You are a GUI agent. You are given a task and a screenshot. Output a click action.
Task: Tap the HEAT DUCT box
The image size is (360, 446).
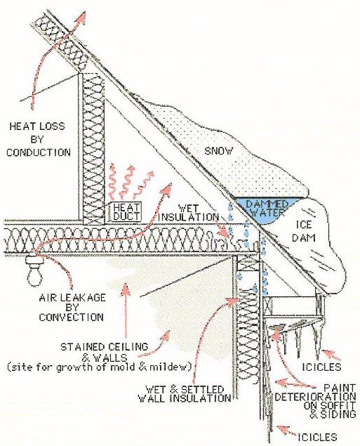(x=126, y=211)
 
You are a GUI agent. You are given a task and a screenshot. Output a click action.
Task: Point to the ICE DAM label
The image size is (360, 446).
(x=304, y=231)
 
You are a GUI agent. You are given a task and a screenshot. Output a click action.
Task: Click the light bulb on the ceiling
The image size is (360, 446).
(x=34, y=272)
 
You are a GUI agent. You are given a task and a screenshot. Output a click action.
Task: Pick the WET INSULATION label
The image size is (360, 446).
(x=188, y=213)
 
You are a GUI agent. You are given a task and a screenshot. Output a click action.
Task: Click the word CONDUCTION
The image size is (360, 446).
(x=39, y=152)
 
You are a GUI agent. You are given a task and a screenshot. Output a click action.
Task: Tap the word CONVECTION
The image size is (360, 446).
(x=71, y=317)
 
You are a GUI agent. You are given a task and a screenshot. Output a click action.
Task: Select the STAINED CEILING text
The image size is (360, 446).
(x=105, y=347)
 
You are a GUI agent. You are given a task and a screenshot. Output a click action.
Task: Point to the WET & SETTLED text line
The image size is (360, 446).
(x=185, y=389)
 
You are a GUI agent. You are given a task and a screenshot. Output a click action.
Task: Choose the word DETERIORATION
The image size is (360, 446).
(x=315, y=397)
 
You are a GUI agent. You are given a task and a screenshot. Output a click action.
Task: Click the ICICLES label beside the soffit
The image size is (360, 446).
(x=321, y=367)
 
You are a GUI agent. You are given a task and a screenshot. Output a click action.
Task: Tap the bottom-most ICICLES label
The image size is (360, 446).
(x=316, y=437)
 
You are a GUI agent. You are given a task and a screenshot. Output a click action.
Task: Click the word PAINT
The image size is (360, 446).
(x=340, y=388)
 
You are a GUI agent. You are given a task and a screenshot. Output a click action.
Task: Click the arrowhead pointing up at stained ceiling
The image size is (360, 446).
(x=126, y=288)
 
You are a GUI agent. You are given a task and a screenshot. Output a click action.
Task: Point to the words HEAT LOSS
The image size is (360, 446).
(x=37, y=126)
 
